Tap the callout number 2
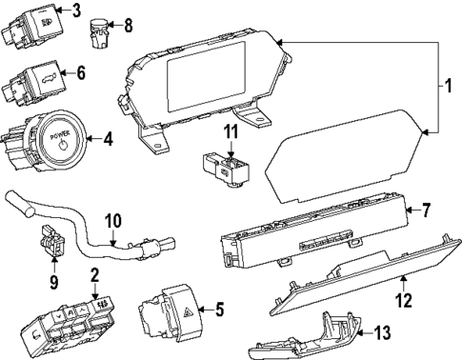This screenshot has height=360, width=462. click(x=94, y=276)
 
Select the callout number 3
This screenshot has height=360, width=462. click(x=77, y=11)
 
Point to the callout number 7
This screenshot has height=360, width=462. click(x=426, y=209)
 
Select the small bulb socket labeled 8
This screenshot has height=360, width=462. click(x=99, y=28)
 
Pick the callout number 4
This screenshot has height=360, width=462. click(x=108, y=139)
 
